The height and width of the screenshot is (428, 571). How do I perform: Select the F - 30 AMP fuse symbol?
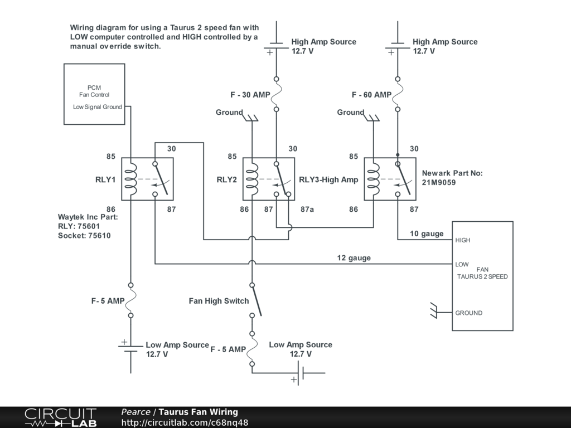tap(277, 94)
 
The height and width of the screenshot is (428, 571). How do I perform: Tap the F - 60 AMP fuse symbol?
tap(398, 94)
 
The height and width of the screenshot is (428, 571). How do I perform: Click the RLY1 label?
tap(105, 179)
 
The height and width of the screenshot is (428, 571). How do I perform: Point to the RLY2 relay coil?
tap(252, 179)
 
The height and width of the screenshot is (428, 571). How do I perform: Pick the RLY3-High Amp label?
tap(328, 180)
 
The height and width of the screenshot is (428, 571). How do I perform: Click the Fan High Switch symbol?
tap(256, 300)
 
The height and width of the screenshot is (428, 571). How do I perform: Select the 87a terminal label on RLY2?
tap(307, 210)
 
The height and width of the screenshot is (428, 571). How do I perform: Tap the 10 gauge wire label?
tap(427, 234)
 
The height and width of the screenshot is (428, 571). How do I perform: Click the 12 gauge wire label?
tap(354, 258)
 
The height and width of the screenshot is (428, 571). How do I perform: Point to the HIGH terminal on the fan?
tap(462, 240)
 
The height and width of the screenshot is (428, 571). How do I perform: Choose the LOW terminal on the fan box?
tap(462, 265)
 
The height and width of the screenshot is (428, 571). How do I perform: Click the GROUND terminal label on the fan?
tap(468, 313)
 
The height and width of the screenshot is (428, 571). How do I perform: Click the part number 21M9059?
tap(439, 182)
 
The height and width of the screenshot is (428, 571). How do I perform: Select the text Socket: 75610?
tap(84, 236)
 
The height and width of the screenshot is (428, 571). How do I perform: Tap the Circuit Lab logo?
tap(61, 417)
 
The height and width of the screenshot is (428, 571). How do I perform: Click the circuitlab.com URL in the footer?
tap(185, 422)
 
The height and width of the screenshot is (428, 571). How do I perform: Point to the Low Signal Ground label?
tap(97, 107)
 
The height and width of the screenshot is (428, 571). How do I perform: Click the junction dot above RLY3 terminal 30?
tap(398, 155)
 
